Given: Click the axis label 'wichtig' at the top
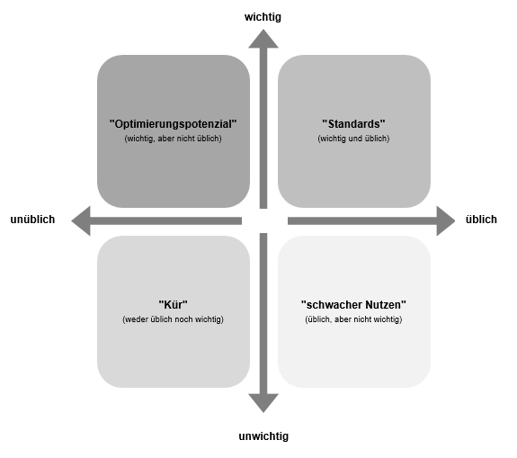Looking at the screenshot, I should [263, 16].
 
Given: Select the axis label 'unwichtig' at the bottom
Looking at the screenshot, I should [263, 436].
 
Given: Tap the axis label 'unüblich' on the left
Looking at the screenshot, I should [32, 220].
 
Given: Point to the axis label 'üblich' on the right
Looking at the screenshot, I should [481, 220].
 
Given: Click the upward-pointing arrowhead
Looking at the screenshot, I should [263, 37].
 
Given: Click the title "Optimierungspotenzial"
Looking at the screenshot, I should [173, 123].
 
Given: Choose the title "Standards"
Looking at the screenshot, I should [353, 123].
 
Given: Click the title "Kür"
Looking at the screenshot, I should [173, 305].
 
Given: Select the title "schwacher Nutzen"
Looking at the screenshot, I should [353, 305].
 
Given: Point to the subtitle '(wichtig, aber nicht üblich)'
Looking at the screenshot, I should [173, 139].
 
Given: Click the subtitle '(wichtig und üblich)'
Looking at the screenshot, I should [353, 139].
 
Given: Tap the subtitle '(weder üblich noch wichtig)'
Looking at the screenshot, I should [173, 320].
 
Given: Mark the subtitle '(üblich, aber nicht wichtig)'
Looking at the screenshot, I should [353, 320].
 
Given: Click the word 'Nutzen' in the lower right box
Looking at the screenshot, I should [384, 305].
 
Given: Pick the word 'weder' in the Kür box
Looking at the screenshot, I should [138, 320].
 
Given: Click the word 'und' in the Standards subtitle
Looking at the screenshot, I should [353, 139].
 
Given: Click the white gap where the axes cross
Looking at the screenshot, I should [264, 220].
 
